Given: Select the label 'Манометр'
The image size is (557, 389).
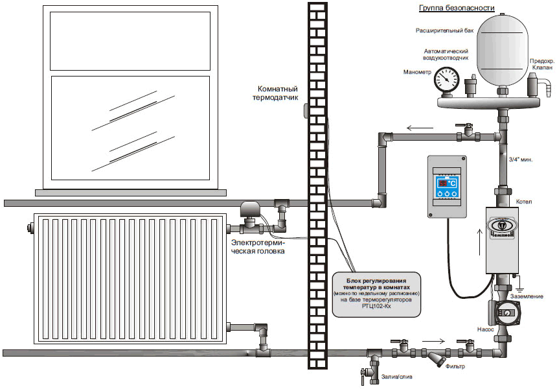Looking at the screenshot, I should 416,72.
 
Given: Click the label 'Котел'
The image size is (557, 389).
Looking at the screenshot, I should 524,202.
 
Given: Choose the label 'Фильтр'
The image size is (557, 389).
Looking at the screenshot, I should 456,367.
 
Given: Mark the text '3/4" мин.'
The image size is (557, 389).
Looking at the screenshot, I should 521,159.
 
